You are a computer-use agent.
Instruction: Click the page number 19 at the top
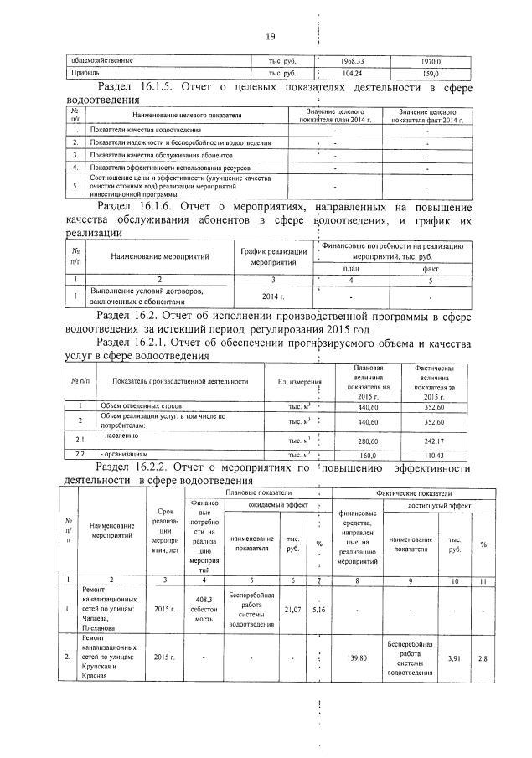tap(270, 35)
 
